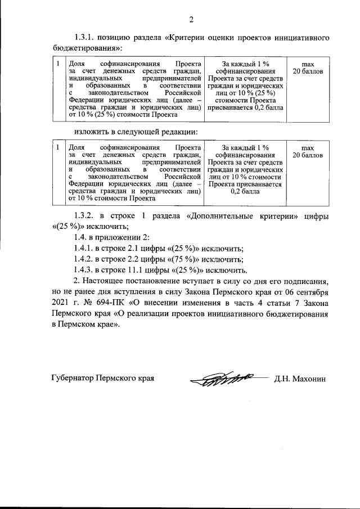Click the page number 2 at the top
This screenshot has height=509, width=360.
191,21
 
